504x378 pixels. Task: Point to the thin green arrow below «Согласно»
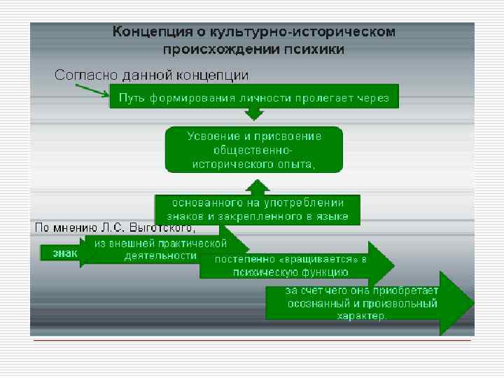(x=92, y=90)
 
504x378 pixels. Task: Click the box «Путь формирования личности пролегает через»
(x=253, y=97)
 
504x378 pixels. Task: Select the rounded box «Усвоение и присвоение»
(x=253, y=149)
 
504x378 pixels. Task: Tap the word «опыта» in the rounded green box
(x=297, y=164)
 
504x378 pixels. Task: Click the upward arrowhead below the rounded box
(x=257, y=186)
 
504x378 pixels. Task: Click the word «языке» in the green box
(x=332, y=217)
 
